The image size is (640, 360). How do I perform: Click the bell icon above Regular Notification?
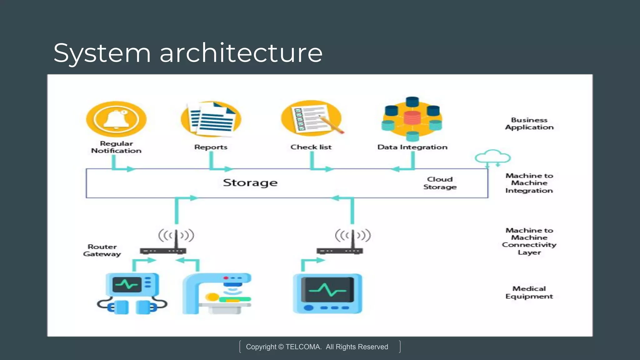116,119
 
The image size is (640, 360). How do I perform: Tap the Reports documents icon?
211,119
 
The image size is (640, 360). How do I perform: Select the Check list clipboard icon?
311,119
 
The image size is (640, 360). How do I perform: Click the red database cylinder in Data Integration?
412,118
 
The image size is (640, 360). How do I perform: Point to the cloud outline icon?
492,157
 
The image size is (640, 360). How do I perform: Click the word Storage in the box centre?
250,183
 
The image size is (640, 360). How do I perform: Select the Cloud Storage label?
440,183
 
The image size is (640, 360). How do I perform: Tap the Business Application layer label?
529,124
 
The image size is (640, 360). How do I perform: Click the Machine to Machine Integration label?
529,183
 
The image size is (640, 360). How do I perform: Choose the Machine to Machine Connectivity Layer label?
529,241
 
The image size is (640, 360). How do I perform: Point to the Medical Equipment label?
529,292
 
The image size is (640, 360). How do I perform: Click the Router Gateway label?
102,250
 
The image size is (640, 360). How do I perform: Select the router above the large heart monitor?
340,250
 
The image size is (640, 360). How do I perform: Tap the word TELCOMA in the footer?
303,347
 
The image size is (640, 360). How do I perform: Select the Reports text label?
211,147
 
